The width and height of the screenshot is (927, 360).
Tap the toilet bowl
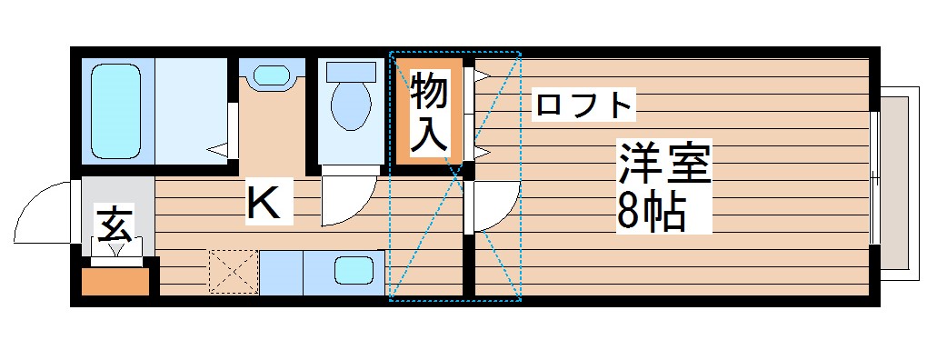coord(350,105)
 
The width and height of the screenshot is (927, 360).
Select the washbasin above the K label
coord(272,75)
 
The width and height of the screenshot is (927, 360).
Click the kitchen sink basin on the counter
coord(352,271)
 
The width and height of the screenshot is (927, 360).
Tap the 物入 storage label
coord(429,112)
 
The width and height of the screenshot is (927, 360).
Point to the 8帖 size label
coord(651,213)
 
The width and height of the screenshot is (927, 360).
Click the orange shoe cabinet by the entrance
coord(115,282)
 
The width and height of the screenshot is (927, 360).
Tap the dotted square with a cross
coord(234,272)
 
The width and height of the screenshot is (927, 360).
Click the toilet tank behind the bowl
coord(350,71)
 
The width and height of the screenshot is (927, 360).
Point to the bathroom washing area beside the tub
coord(191,109)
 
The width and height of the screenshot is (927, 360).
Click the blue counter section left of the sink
coord(281,272)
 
